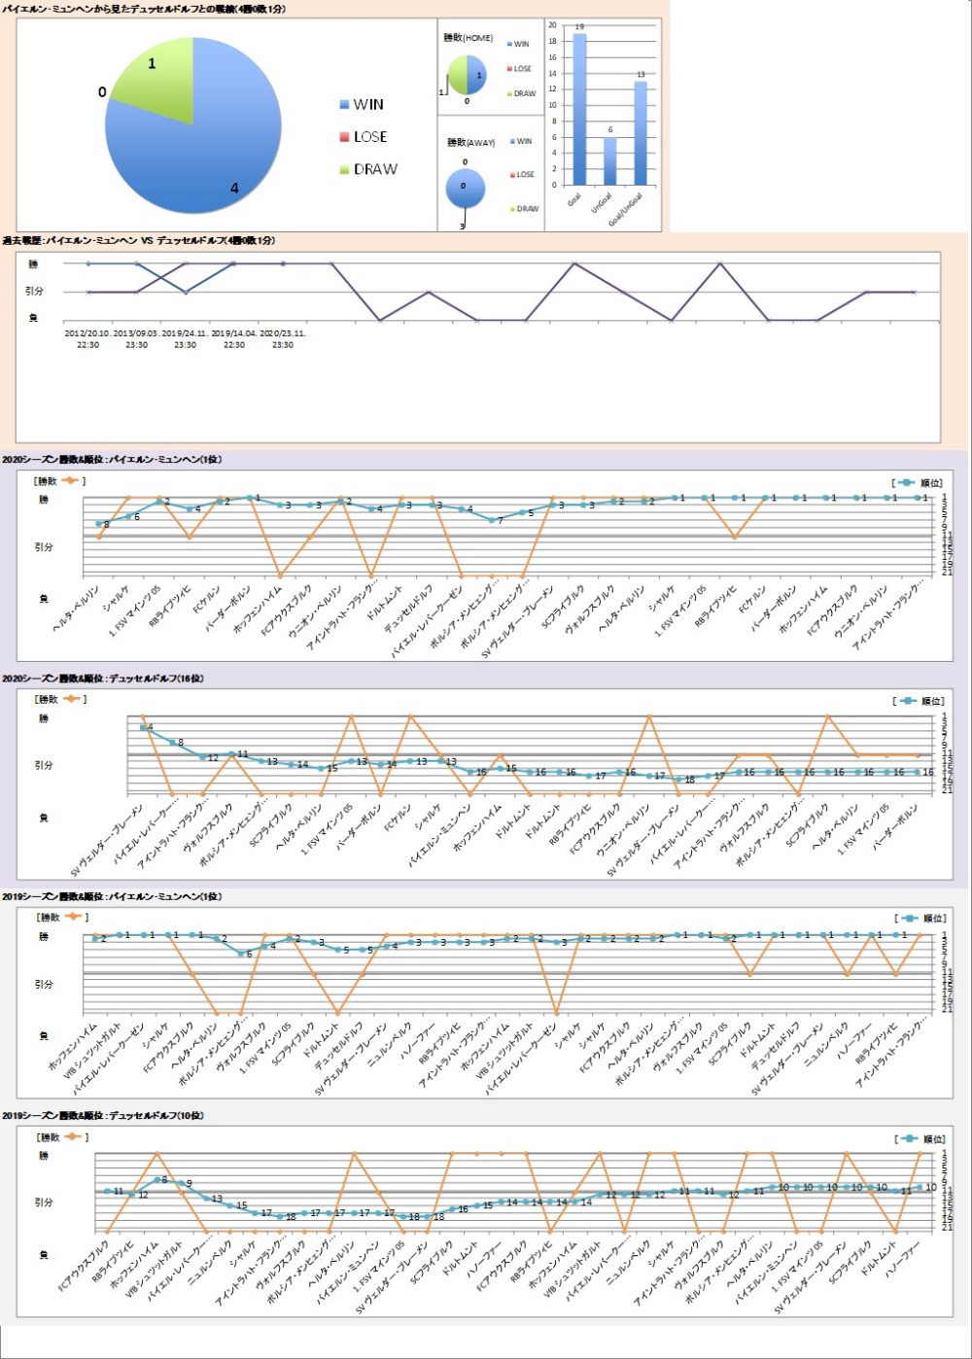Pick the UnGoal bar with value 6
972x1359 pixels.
point(609,161)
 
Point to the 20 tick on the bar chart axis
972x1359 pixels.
point(553,26)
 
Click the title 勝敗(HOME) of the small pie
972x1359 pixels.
point(468,39)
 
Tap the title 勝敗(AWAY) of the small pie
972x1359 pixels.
point(470,143)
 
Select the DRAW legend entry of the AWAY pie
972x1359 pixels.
point(527,209)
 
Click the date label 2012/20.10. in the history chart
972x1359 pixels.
point(87,332)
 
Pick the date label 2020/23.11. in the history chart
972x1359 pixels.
point(283,332)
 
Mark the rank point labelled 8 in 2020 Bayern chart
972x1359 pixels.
point(99,524)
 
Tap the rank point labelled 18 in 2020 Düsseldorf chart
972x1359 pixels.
point(679,780)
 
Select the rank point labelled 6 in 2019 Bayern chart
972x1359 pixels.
point(241,954)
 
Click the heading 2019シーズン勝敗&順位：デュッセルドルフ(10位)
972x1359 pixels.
point(103,1116)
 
